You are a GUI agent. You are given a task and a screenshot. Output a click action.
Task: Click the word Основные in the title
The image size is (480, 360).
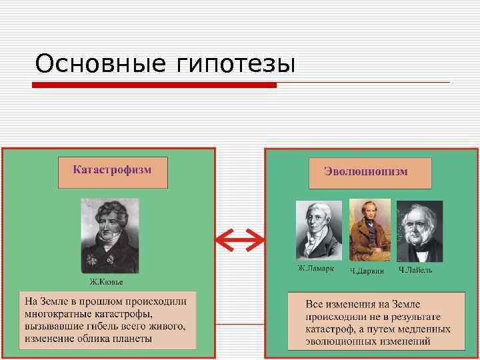(100, 65)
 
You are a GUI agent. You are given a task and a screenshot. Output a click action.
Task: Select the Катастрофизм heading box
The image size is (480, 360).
(113, 172)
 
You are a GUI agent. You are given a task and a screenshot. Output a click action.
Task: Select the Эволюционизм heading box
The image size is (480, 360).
(370, 173)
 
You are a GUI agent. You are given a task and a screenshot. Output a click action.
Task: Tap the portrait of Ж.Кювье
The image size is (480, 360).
(110, 235)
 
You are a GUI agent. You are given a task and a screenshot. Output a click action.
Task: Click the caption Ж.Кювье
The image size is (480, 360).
(107, 281)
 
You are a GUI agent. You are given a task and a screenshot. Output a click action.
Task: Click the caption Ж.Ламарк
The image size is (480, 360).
(316, 269)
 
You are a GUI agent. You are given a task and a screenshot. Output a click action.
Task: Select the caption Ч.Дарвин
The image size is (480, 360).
(368, 271)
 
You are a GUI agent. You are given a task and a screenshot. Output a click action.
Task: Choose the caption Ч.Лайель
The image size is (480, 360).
(416, 270)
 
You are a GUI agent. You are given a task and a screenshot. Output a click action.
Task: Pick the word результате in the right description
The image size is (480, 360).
(423, 316)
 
